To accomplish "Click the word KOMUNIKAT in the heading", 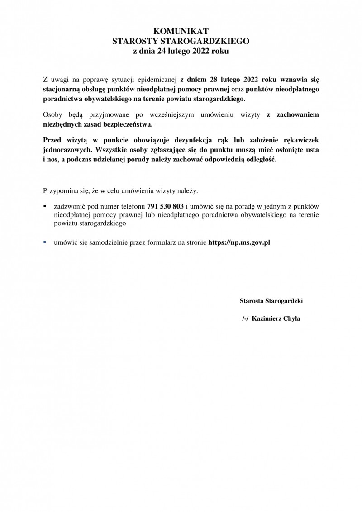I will [x=181, y=31].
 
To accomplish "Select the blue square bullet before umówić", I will [x=45, y=242].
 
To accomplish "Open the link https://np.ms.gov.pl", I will [x=239, y=242].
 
